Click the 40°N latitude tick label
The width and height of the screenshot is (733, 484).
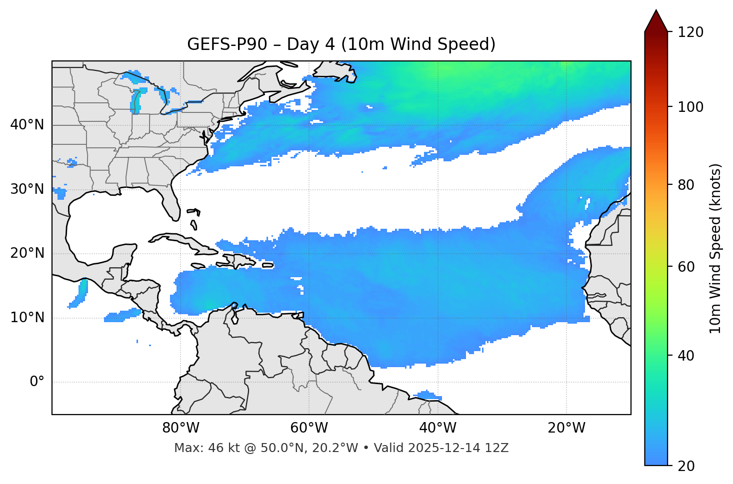pyautogui.click(x=27, y=125)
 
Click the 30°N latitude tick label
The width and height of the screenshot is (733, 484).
pyautogui.click(x=27, y=189)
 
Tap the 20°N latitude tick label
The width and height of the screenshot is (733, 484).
pyautogui.click(x=27, y=253)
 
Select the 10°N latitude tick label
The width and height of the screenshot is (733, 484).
pyautogui.click(x=27, y=318)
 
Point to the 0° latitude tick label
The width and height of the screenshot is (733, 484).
pyautogui.click(x=37, y=382)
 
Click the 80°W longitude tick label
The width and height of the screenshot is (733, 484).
pyautogui.click(x=180, y=428)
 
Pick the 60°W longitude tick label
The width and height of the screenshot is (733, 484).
pyautogui.click(x=309, y=428)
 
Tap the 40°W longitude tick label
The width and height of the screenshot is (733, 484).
pyautogui.click(x=438, y=428)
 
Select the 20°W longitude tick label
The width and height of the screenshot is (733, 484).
pyautogui.click(x=566, y=428)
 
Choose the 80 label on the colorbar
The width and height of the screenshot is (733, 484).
pyautogui.click(x=686, y=185)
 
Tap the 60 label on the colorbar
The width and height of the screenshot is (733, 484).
pyautogui.click(x=686, y=267)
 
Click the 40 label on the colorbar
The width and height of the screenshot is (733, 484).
pyautogui.click(x=686, y=356)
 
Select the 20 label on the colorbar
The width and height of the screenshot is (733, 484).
pyautogui.click(x=686, y=466)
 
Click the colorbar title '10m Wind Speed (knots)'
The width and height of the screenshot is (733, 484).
pyautogui.click(x=715, y=248)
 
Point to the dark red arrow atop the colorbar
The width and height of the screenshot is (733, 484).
pyautogui.click(x=656, y=21)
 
